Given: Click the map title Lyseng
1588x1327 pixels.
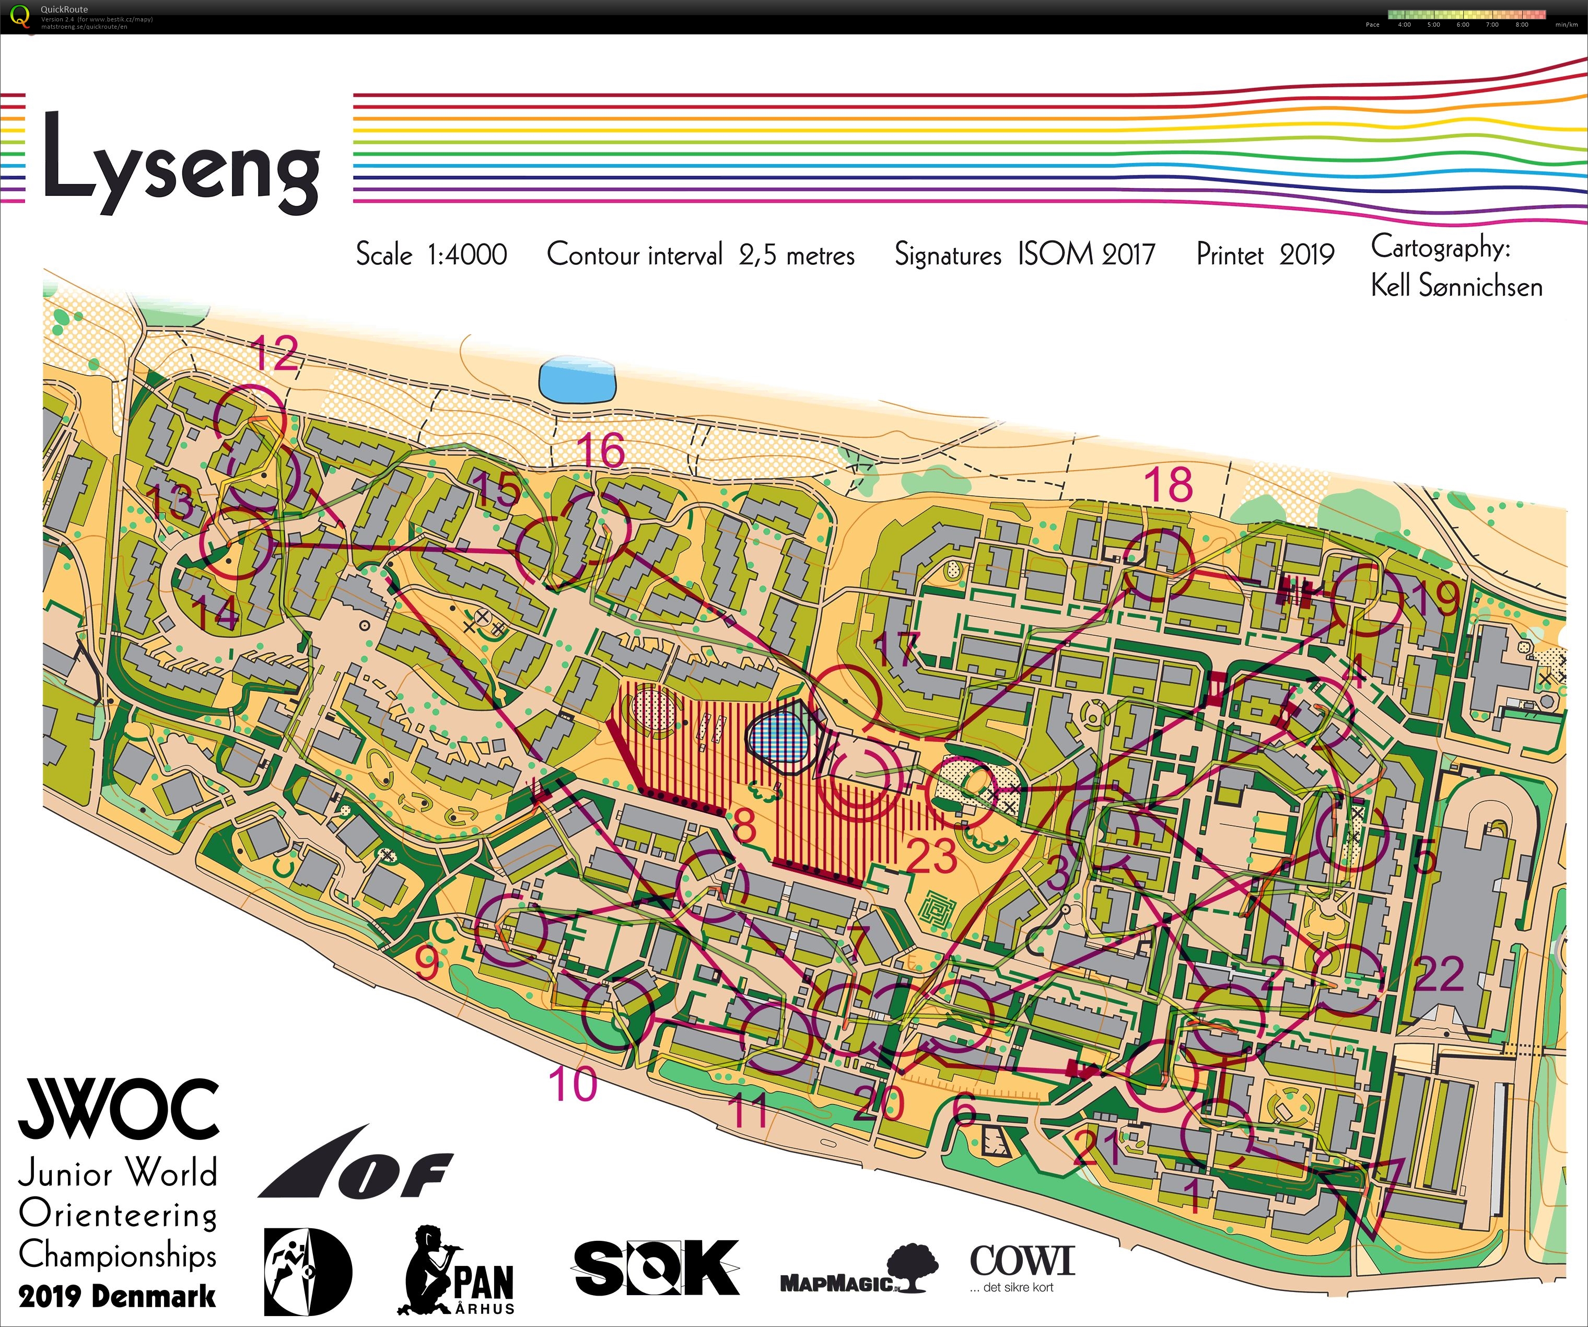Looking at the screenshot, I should [x=181, y=162].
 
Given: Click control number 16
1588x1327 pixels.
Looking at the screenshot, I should [x=601, y=451].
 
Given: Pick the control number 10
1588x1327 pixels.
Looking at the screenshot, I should [x=573, y=1084].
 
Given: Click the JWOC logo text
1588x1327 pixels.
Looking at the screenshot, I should [x=119, y=1109].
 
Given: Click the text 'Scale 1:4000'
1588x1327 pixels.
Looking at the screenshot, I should [x=431, y=255].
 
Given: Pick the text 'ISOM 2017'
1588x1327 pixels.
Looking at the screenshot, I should [x=1087, y=254].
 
